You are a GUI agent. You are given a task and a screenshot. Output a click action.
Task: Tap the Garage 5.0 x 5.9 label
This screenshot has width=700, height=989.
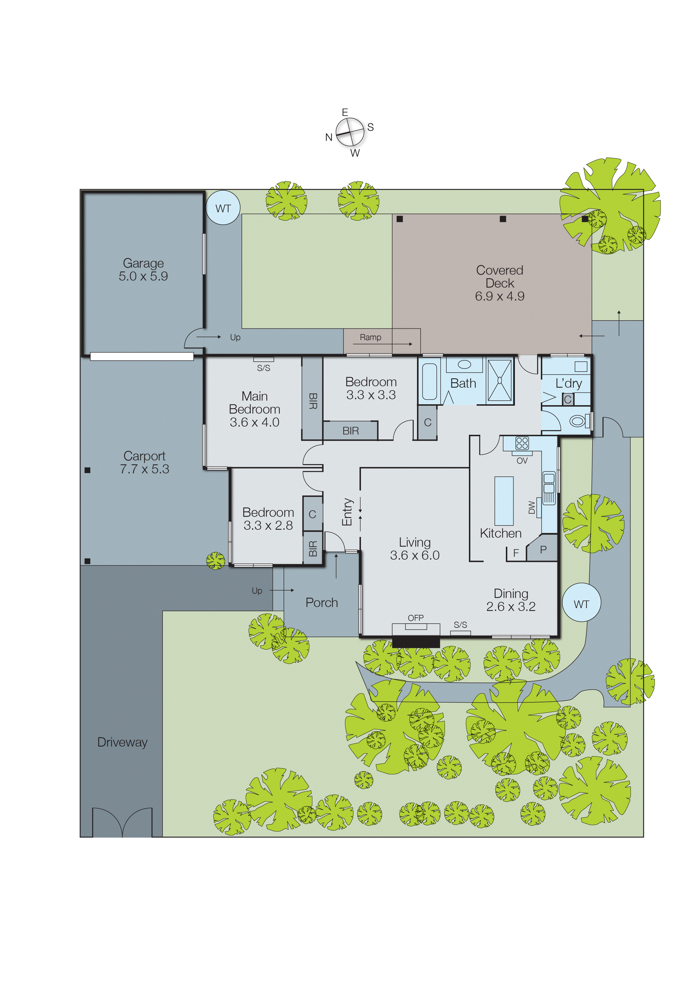pos(143,270)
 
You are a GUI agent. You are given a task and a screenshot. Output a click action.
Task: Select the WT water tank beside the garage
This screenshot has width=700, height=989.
pos(223,208)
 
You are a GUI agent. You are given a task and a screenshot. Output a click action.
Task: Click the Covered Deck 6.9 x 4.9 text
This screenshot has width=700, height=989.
pos(500,283)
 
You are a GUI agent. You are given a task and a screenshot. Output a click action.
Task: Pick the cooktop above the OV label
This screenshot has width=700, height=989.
pos(522,443)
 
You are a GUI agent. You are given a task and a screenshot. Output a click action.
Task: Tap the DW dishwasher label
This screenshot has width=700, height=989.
pos(532,508)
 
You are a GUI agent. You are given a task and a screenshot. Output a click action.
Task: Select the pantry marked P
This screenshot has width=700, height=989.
pos(543,550)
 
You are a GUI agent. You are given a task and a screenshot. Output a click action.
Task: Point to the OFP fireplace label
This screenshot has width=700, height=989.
pos(416,618)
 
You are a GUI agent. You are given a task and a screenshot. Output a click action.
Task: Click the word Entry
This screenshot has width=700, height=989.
pos(347,512)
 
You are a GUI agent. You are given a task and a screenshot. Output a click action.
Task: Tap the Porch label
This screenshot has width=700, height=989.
pos(322,602)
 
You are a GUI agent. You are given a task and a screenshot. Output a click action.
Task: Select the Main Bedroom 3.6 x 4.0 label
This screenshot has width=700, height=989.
pos(254,409)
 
